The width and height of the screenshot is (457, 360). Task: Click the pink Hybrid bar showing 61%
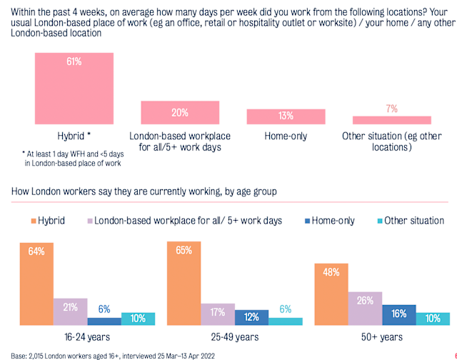coord(74,89)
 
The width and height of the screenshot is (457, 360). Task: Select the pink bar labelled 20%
coord(180,113)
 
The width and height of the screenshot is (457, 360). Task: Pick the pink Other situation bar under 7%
coord(392,120)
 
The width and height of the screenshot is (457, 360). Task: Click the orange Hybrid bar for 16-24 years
coord(36,283)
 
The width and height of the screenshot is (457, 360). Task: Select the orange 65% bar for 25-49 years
coord(184,283)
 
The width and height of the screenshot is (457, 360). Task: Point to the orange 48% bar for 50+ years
coord(331,294)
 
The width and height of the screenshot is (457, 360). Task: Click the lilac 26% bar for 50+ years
coord(365,306)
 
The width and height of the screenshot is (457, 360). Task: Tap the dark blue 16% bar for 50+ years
coord(399,314)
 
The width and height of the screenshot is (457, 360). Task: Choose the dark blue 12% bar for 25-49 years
coord(252,317)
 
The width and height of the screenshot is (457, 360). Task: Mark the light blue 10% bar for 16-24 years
coord(139,319)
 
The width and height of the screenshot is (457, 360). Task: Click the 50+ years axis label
coord(382,336)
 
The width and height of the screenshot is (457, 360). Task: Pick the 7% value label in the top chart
coord(392,108)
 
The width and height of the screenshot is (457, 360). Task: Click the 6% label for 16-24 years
coord(104,309)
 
